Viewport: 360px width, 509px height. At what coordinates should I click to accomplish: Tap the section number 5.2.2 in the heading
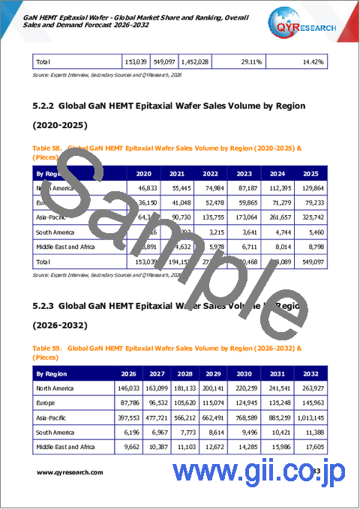click(48, 106)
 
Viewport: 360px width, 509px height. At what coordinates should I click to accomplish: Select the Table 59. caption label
click(49, 348)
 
